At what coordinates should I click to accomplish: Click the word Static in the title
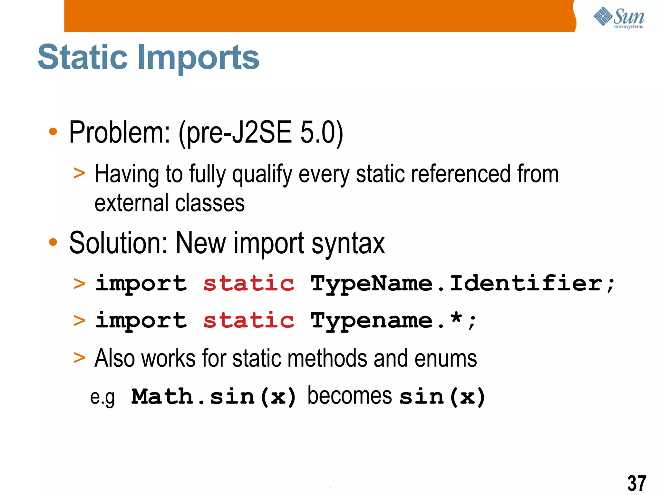pos(82,57)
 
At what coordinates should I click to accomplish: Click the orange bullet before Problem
pos(53,131)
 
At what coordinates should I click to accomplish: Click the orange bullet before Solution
pos(53,242)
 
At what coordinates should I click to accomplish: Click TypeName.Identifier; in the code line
pos(462,284)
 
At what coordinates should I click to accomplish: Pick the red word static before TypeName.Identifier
pos(249,284)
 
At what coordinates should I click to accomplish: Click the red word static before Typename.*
pos(249,320)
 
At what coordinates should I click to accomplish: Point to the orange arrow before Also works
pos(79,358)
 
